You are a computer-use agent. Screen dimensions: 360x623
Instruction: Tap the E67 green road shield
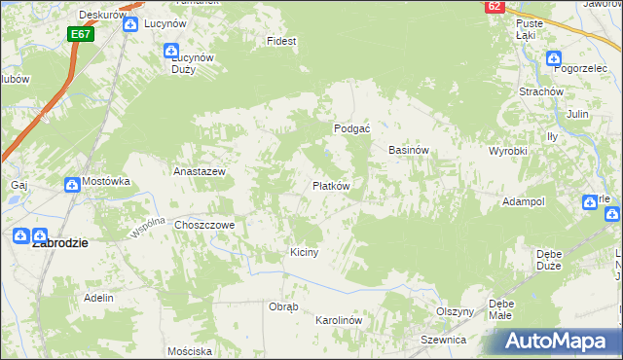coord(81,34)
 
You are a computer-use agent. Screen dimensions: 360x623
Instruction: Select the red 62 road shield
coord(495,6)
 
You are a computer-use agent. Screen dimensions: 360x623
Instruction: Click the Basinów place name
coord(409,151)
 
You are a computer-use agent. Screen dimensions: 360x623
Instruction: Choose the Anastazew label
coord(200,171)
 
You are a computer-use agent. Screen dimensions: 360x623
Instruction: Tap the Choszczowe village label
coord(205,224)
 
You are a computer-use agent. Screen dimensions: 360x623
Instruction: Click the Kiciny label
coord(305,252)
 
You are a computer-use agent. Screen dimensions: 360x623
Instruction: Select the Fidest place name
coord(281,42)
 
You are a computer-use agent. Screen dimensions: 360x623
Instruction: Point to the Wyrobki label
coord(507,152)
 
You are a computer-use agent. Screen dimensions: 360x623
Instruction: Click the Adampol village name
coord(523,201)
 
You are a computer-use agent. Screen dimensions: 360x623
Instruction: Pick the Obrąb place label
coord(282,306)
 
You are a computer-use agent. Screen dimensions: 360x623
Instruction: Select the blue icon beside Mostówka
coord(72,183)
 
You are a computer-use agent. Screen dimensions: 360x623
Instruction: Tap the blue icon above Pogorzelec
coord(553,57)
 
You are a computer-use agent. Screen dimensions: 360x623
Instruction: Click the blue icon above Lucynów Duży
coord(171,51)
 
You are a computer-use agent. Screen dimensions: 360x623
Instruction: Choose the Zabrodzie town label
coord(61,244)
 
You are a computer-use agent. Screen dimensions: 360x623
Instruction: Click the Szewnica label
coord(444,340)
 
